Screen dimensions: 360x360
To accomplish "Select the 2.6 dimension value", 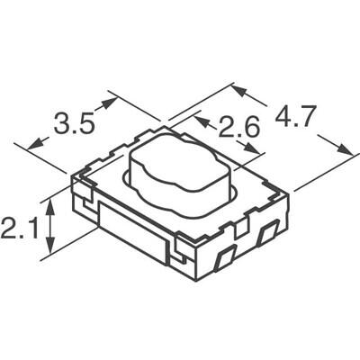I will pyautogui.click(x=240, y=128).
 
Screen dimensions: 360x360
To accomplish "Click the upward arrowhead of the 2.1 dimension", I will pyautogui.click(x=51, y=203).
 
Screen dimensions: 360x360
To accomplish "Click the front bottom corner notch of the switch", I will pyautogui.click(x=182, y=247).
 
